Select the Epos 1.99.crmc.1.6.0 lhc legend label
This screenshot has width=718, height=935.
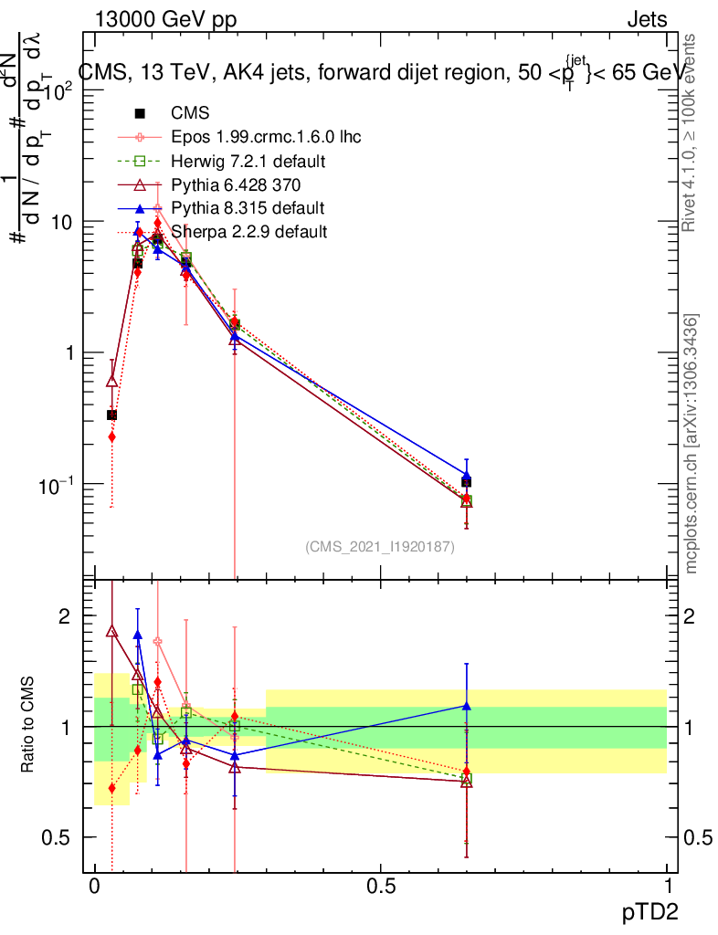coord(266,137)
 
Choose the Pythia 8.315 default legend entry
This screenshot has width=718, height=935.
coord(248,208)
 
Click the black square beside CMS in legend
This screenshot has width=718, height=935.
coord(140,113)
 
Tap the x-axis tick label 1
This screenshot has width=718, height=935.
coord(668,887)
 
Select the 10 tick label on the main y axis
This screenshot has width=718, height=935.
coord(59,222)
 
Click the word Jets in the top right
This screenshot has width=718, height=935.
coord(647,20)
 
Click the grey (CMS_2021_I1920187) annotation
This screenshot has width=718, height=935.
coord(380,547)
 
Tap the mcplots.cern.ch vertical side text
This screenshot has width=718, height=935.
coord(693,444)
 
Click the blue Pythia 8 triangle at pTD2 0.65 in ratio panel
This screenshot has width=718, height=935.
coord(466,706)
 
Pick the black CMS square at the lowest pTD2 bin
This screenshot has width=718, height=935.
coord(111,415)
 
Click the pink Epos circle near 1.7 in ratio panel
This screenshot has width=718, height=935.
coord(157,642)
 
